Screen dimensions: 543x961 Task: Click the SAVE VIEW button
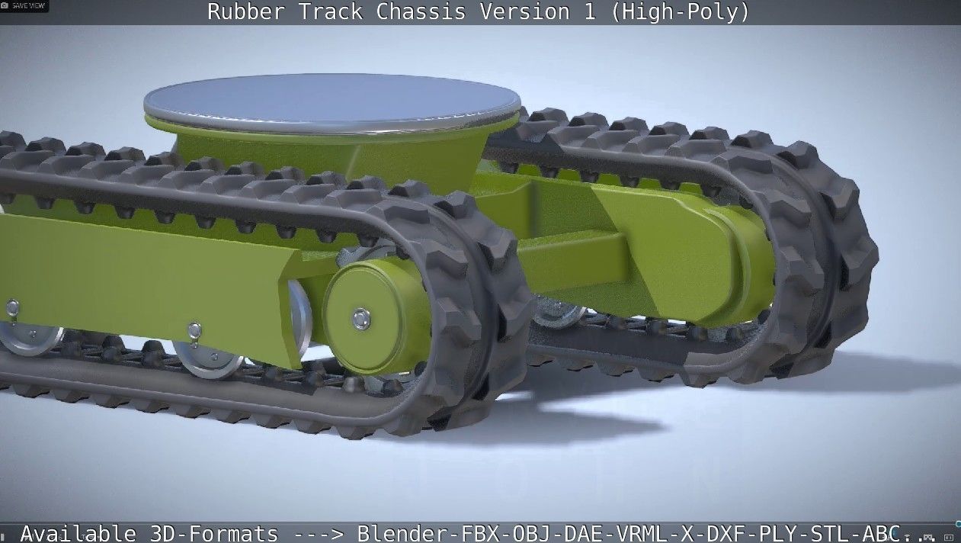point(26,5)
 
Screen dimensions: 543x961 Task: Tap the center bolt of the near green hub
point(361,318)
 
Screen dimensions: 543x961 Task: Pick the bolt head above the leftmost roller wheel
point(12,307)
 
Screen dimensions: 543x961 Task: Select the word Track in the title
point(326,12)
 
